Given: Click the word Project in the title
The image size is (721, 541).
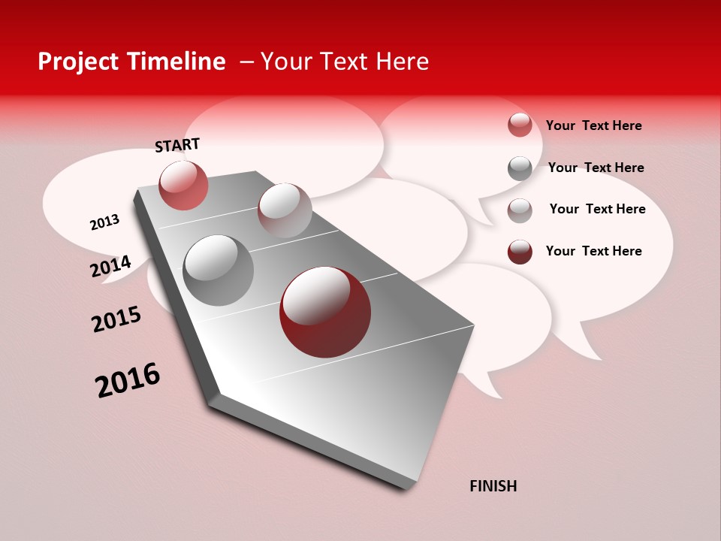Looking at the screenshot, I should pos(77,62).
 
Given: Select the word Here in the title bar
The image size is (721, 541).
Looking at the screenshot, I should pos(402,62).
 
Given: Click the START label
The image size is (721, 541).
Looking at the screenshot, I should pos(177,144).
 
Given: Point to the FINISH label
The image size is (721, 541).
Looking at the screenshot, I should pos(493,486).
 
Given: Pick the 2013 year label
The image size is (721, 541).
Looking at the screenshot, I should pos(104,222).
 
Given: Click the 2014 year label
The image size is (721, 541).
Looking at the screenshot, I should pos(110,266).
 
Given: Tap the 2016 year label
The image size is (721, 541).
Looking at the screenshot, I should pos(128,380).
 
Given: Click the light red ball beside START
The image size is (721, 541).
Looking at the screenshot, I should pos(183,185).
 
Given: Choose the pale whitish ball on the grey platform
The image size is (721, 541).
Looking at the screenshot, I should pos(285,210).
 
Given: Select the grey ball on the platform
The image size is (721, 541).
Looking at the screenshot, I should pos(219,270).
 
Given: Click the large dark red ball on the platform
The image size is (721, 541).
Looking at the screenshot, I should pos(325,312).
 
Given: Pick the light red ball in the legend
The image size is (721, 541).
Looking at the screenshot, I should pos(520,125).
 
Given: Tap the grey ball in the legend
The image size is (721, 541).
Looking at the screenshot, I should pos(520,168).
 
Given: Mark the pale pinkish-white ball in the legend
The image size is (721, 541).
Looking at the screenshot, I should pos(520,210).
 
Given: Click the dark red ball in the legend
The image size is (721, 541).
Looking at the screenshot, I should pos(520,252).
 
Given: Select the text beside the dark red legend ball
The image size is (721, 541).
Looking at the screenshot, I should pos(593,251).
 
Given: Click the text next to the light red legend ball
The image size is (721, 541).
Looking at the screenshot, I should pos(593,125).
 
